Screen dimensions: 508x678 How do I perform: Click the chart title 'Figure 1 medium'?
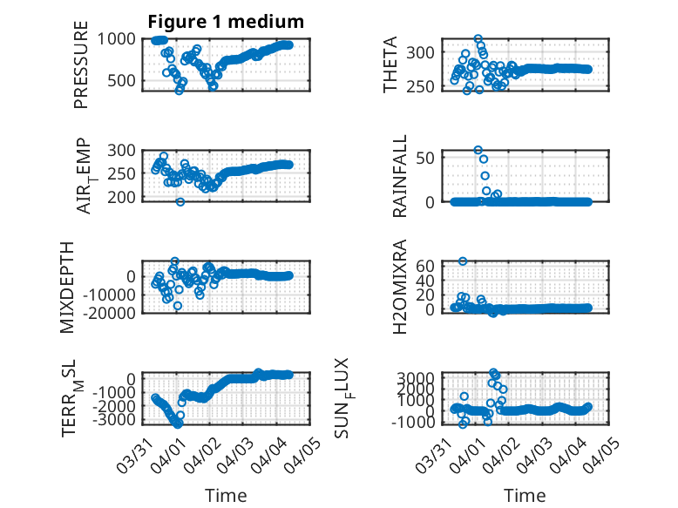coord(226,21)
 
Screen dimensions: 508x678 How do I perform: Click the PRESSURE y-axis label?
coord(81,71)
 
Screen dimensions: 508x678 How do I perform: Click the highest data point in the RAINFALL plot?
coord(478,151)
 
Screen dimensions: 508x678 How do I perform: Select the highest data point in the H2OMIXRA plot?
coord(463,261)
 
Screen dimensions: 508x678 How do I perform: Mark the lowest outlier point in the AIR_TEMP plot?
coord(180,202)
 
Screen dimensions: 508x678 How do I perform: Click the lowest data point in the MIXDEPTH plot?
coord(178,306)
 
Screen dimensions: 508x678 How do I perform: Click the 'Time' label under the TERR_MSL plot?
coord(225,496)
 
